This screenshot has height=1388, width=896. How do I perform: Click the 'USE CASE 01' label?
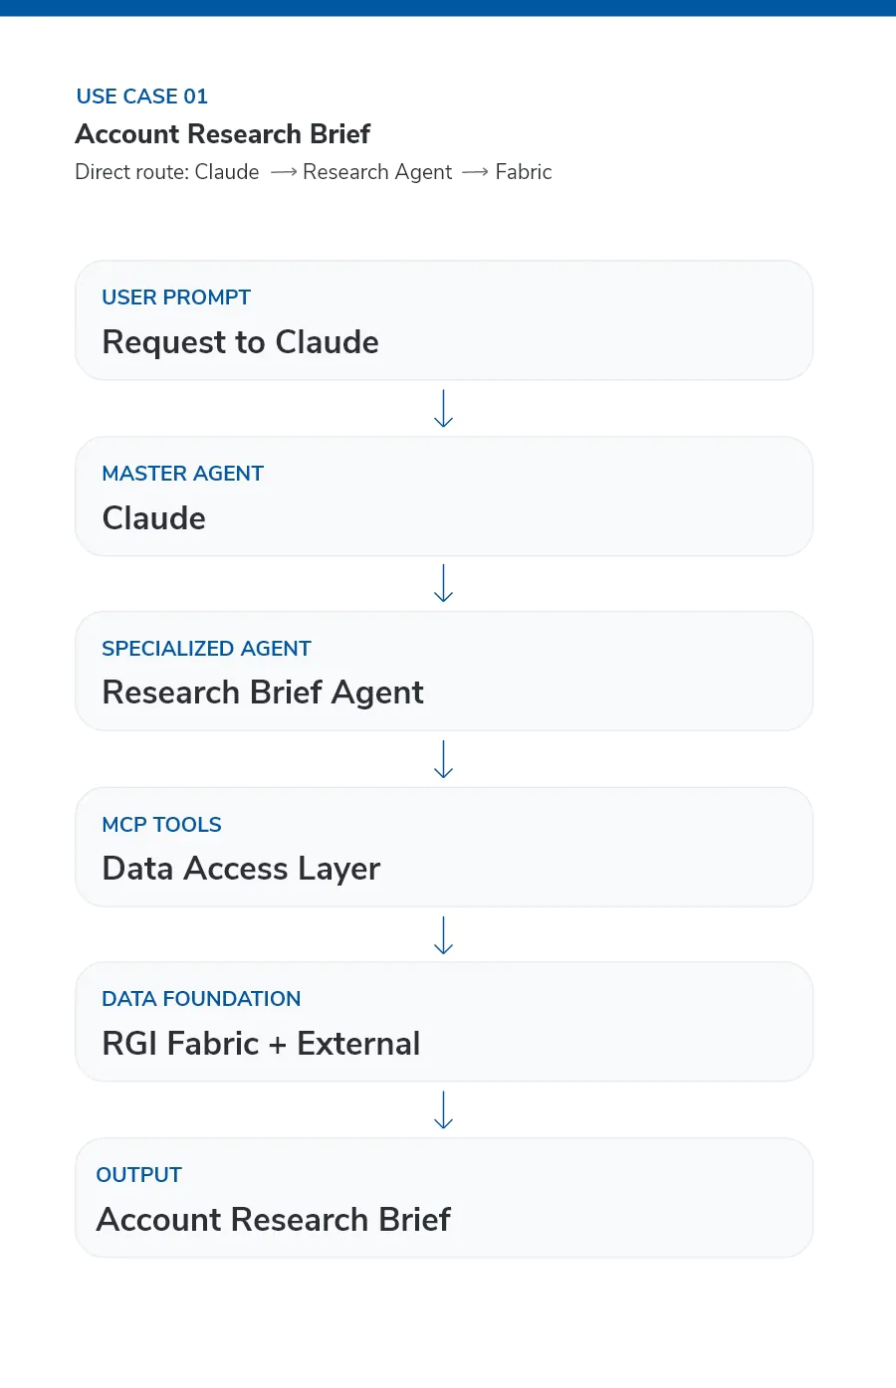coord(142,97)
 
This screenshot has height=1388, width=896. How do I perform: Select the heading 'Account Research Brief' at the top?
coord(223,134)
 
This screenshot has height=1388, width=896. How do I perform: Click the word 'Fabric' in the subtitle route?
coord(524,172)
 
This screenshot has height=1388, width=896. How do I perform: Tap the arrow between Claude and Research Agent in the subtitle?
coord(284,172)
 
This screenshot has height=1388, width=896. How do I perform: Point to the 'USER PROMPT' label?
coord(176,297)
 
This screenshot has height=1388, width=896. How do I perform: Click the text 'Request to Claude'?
coord(241,342)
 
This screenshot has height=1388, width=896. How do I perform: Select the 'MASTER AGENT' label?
coord(183,474)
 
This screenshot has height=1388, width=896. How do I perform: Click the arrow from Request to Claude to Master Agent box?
coord(443,408)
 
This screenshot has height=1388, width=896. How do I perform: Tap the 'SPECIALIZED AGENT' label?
coord(206,649)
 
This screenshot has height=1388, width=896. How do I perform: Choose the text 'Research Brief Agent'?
coord(263,693)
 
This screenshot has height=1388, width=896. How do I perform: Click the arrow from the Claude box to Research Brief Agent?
coord(443,583)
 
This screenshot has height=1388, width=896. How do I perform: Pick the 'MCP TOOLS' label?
coord(162,825)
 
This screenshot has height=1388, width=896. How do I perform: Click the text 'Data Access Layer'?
coord(241,869)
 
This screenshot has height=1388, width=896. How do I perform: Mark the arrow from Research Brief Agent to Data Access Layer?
coord(443,759)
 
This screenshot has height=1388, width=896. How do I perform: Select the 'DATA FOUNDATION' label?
coord(201,999)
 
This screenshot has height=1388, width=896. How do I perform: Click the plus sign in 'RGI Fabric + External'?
coord(278,1045)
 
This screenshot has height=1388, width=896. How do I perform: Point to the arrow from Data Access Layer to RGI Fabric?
coord(443,935)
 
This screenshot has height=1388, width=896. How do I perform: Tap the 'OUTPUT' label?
coord(139,1175)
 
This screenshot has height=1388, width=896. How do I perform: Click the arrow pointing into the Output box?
coord(443,1109)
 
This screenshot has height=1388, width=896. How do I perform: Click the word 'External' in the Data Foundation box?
coord(358,1044)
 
